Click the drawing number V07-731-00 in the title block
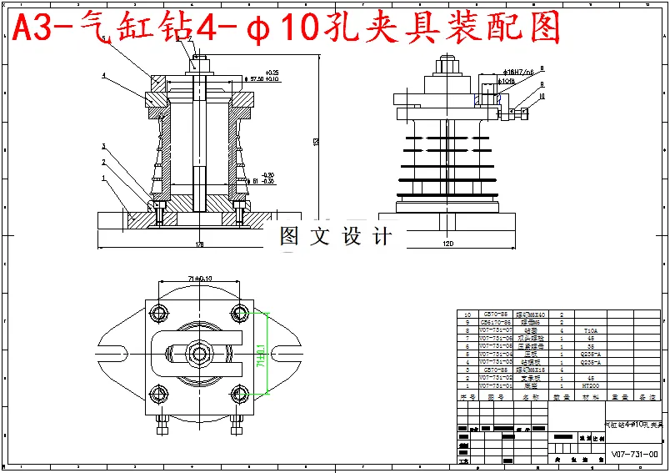634,455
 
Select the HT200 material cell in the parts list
590,386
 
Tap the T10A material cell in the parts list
590,330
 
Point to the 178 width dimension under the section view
199,244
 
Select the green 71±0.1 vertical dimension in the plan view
262,353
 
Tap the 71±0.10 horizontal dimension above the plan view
197,278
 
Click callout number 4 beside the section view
103,75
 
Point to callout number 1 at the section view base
103,178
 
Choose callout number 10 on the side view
542,97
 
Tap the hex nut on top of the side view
446,64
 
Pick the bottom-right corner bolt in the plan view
241,393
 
